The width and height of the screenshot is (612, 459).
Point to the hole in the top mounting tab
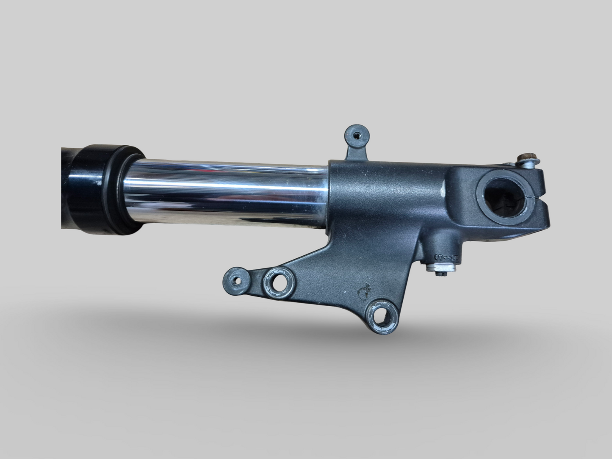pyautogui.click(x=357, y=135)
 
